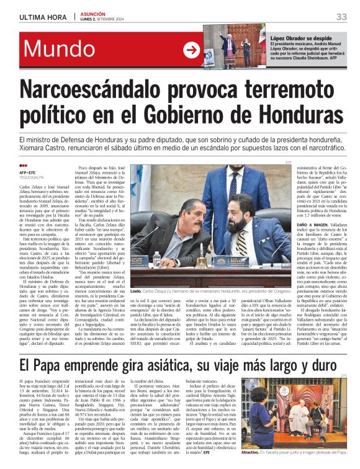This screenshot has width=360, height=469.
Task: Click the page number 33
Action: click(341, 17)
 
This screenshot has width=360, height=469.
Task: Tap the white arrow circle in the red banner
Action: click(192, 50)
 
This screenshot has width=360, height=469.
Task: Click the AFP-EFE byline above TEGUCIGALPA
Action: click(29, 173)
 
